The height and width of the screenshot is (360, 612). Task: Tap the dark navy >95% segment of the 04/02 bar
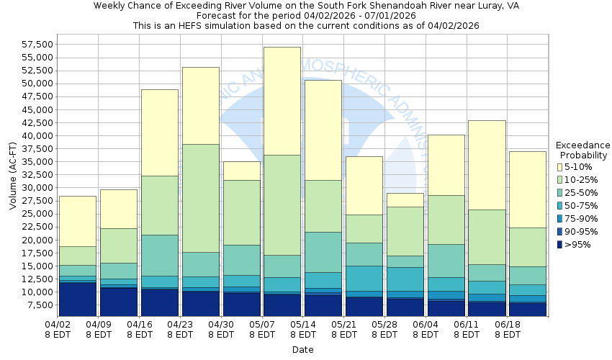pyautogui.click(x=77, y=299)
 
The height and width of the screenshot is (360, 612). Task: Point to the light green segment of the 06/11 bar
pyautogui.click(x=487, y=237)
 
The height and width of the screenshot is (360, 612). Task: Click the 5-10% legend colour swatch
pyautogui.click(x=560, y=166)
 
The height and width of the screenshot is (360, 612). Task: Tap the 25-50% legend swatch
pyautogui.click(x=560, y=192)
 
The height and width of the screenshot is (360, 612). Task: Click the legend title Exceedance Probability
pyautogui.click(x=583, y=150)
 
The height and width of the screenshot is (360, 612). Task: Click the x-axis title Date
pyautogui.click(x=302, y=349)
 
